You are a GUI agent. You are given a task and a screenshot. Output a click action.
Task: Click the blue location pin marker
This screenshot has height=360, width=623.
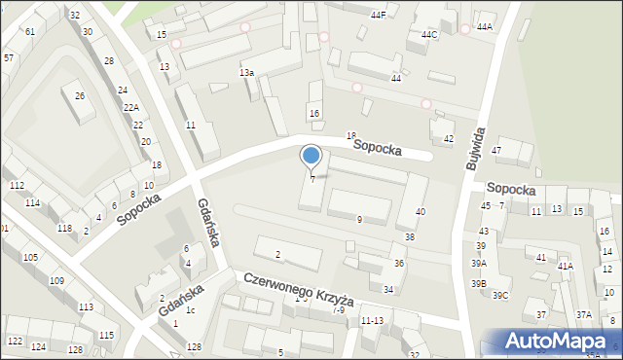point(311,156)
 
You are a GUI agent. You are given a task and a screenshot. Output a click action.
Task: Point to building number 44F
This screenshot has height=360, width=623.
point(378,16)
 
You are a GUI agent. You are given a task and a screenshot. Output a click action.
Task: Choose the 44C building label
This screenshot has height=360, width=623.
point(429,35)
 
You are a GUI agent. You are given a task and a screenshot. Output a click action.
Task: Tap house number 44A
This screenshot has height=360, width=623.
point(485,27)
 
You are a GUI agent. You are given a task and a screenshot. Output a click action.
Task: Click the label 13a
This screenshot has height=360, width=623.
point(247,73)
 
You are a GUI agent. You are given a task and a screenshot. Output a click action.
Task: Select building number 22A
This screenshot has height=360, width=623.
point(130,107)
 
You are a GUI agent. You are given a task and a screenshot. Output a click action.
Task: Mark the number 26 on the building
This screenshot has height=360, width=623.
point(80,95)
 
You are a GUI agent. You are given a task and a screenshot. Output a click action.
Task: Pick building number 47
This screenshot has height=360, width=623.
point(495,150)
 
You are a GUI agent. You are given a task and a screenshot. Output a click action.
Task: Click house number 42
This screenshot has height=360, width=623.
point(448,139)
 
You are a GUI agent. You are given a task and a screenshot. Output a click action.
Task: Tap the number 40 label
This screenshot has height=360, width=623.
point(420,211)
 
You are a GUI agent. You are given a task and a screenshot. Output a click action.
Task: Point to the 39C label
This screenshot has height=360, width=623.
point(500,295)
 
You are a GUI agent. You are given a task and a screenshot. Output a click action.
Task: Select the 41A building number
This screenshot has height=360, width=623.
point(565,266)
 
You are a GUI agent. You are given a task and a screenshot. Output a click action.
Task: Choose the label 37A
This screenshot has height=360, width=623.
point(583,314)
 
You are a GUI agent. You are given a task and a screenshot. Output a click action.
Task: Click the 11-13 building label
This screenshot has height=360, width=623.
point(372,320)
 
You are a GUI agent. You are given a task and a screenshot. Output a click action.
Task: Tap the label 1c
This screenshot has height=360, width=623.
point(192,310)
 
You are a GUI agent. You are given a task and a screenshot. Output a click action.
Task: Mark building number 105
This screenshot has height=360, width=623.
point(30,257)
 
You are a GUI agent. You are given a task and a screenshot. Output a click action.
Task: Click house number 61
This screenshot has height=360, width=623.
point(30,32)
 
